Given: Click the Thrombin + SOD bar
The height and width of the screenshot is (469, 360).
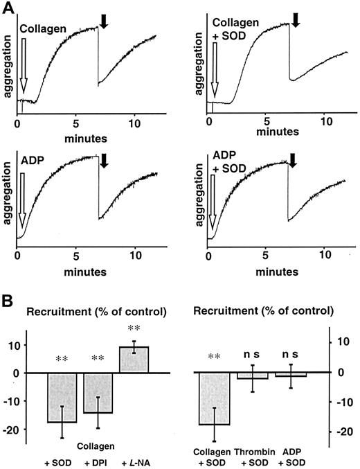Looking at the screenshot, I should point(258,375).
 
